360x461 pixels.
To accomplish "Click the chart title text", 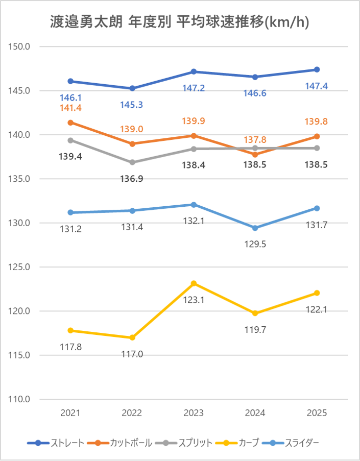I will [180, 22].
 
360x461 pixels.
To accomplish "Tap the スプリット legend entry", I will [195, 442].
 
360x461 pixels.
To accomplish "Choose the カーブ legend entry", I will [249, 442].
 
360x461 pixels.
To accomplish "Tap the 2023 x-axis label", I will [194, 413].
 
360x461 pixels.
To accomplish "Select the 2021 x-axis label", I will [70, 413].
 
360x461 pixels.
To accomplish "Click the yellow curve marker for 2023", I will [194, 283].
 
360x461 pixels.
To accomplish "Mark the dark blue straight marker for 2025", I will [317, 69].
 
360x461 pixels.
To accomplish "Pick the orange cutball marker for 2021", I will [70, 123].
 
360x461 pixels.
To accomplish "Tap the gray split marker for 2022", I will [132, 162].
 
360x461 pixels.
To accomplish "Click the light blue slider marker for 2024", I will [255, 228].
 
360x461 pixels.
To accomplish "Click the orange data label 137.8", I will [255, 140].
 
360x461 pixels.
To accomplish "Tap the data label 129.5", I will [255, 244].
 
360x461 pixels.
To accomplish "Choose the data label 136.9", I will [132, 179].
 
